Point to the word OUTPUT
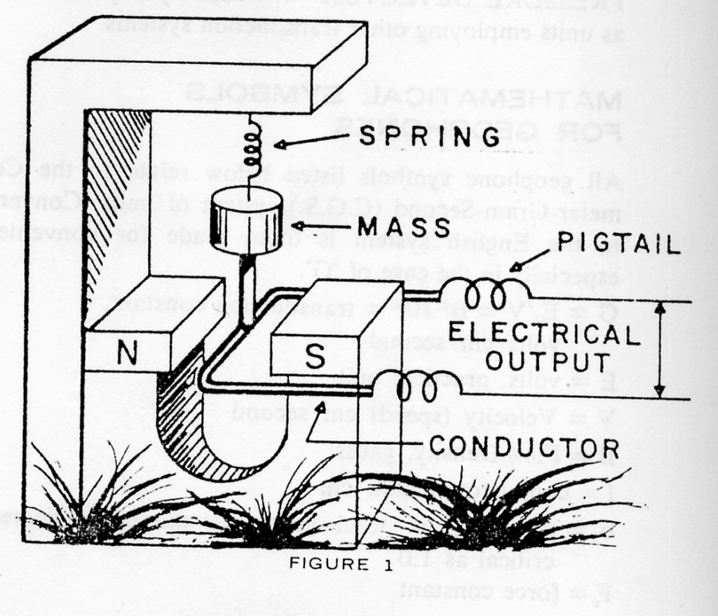coord(547,361)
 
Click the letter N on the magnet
coord(127,352)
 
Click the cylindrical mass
coord(246,221)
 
